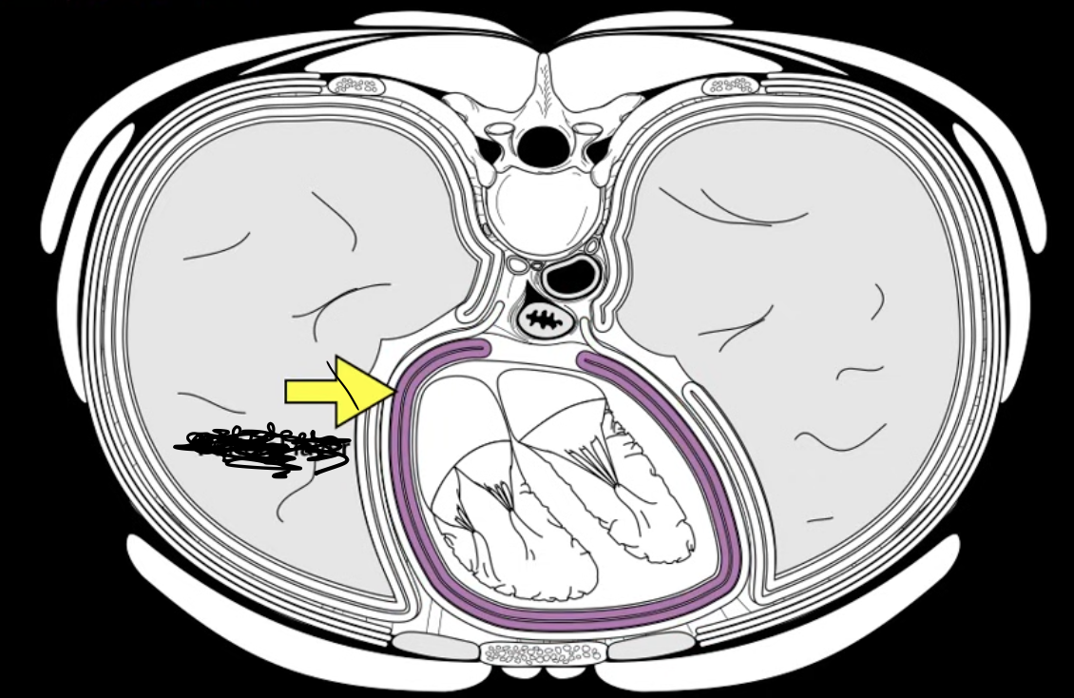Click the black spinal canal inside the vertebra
point(544,145)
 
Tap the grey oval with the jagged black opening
point(545,319)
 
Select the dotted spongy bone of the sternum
point(544,653)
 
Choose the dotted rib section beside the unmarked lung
point(733,87)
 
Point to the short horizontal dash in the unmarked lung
point(819,519)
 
